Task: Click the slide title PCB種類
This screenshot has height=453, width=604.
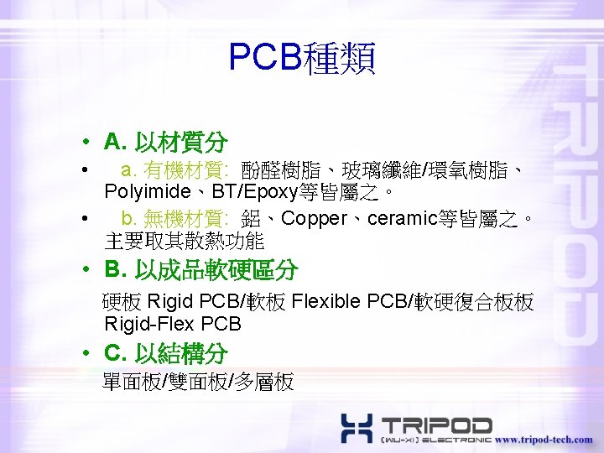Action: pyautogui.click(x=302, y=58)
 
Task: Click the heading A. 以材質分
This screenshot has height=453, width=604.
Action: pyautogui.click(x=165, y=141)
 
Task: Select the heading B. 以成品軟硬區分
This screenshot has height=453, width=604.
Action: pyautogui.click(x=200, y=270)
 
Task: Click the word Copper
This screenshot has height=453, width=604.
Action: pyautogui.click(x=315, y=219)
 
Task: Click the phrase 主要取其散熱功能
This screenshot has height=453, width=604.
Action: pyautogui.click(x=185, y=242)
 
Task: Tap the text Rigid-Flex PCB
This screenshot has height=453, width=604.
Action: pyautogui.click(x=173, y=324)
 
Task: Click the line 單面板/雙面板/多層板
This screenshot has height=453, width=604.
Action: pyautogui.click(x=198, y=383)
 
